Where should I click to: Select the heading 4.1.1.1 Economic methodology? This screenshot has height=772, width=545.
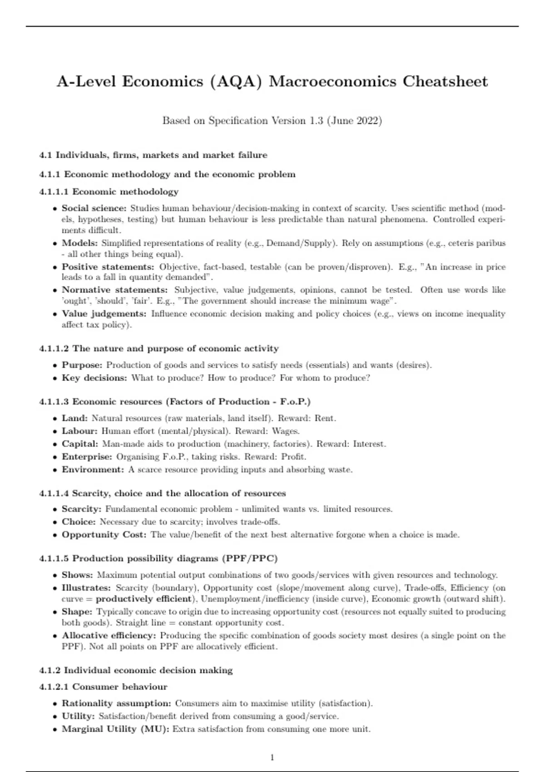point(109,192)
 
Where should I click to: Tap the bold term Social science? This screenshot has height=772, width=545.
point(94,208)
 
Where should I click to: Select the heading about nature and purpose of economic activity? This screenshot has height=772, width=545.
point(159,349)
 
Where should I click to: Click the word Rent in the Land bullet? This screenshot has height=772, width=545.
point(324,418)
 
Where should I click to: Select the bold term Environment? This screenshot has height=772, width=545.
point(93,470)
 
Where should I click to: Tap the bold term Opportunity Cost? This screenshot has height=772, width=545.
point(104,534)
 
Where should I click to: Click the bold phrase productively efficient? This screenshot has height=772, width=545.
point(144,599)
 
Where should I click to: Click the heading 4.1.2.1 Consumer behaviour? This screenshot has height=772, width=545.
point(104,687)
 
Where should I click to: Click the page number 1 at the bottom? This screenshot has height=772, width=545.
point(272,757)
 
